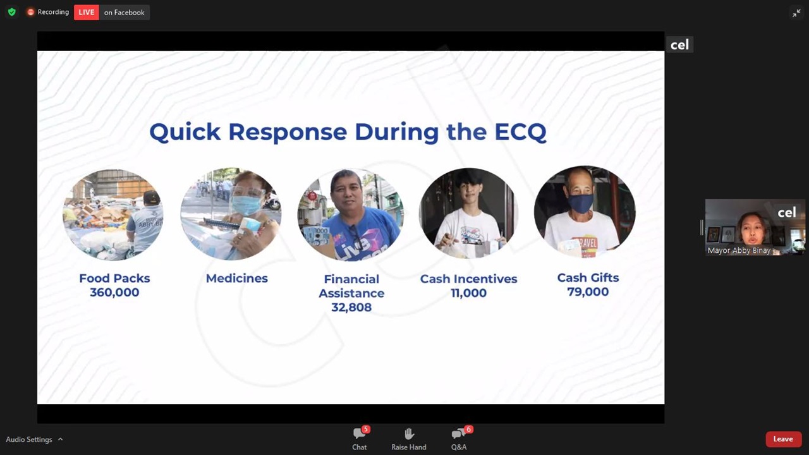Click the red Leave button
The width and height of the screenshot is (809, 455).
pos(783,439)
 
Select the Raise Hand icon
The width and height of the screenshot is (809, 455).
pos(409,434)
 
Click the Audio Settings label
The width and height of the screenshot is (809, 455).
pos(29,439)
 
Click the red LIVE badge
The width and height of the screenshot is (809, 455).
pos(87,12)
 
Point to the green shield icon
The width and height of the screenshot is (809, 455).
pos(12,12)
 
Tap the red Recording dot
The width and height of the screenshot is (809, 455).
pos(31,12)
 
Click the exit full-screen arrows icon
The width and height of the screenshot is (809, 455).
pos(796,13)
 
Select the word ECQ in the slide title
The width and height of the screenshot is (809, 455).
pos(520,132)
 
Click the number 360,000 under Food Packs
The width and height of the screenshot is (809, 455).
pos(114,292)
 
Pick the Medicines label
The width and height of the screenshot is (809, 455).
pos(237,279)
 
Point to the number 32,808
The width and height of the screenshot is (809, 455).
pos(351,307)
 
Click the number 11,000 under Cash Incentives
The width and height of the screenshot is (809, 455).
pos(469,293)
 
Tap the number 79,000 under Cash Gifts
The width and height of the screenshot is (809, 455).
pos(588,292)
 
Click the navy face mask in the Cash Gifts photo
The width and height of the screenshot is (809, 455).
pos(581,203)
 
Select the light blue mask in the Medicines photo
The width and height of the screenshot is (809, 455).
pos(246,204)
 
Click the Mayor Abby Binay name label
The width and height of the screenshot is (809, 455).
pos(739,250)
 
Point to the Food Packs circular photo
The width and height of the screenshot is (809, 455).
pos(113,214)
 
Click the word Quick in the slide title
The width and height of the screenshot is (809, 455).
pos(185,132)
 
